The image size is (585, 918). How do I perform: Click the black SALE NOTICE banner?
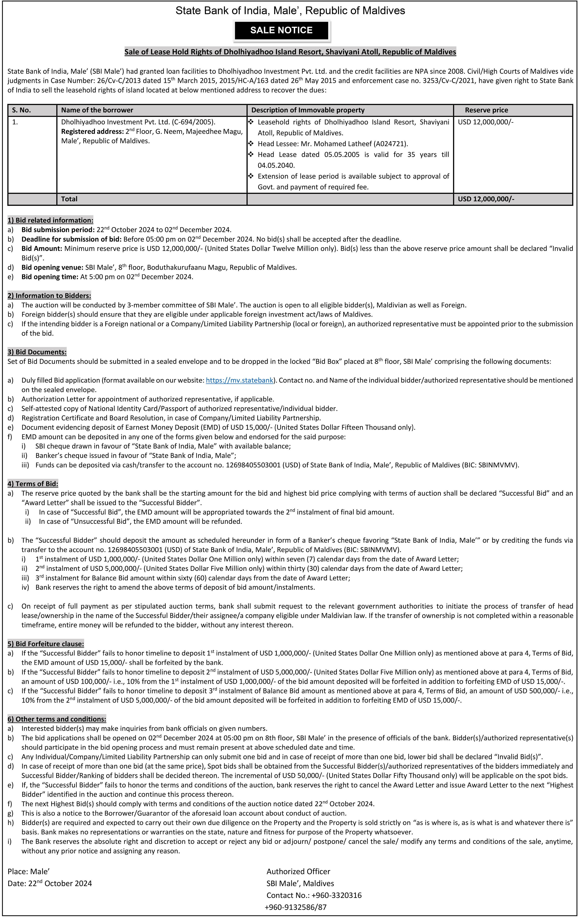click(281, 31)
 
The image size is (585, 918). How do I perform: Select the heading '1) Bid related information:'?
click(50, 220)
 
